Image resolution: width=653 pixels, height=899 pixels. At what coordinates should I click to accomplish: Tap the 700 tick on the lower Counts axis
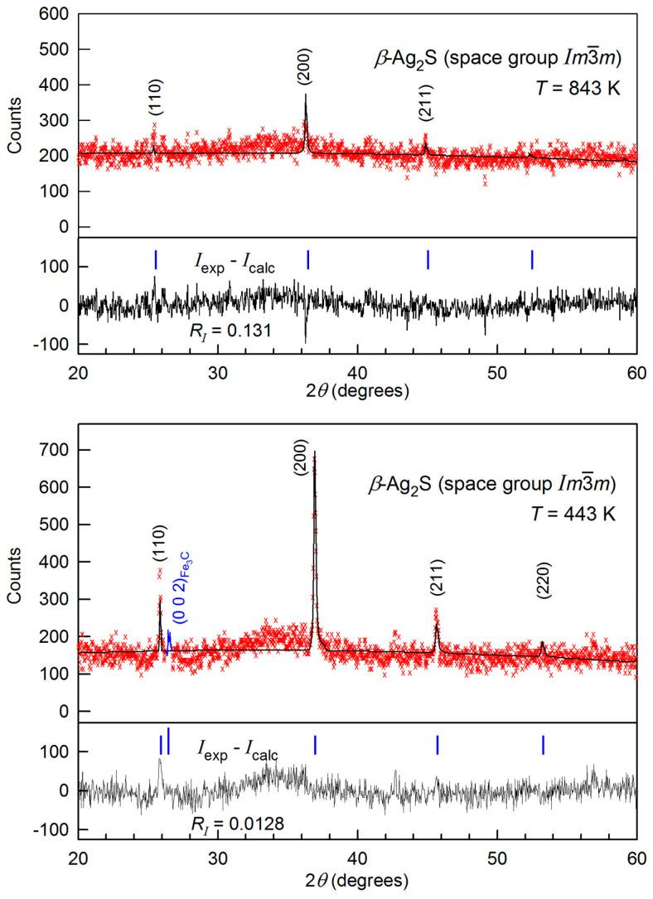click(x=59, y=450)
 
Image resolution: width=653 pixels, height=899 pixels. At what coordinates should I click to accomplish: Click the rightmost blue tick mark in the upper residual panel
click(x=532, y=259)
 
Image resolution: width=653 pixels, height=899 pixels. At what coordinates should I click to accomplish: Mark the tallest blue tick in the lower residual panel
click(x=168, y=740)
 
